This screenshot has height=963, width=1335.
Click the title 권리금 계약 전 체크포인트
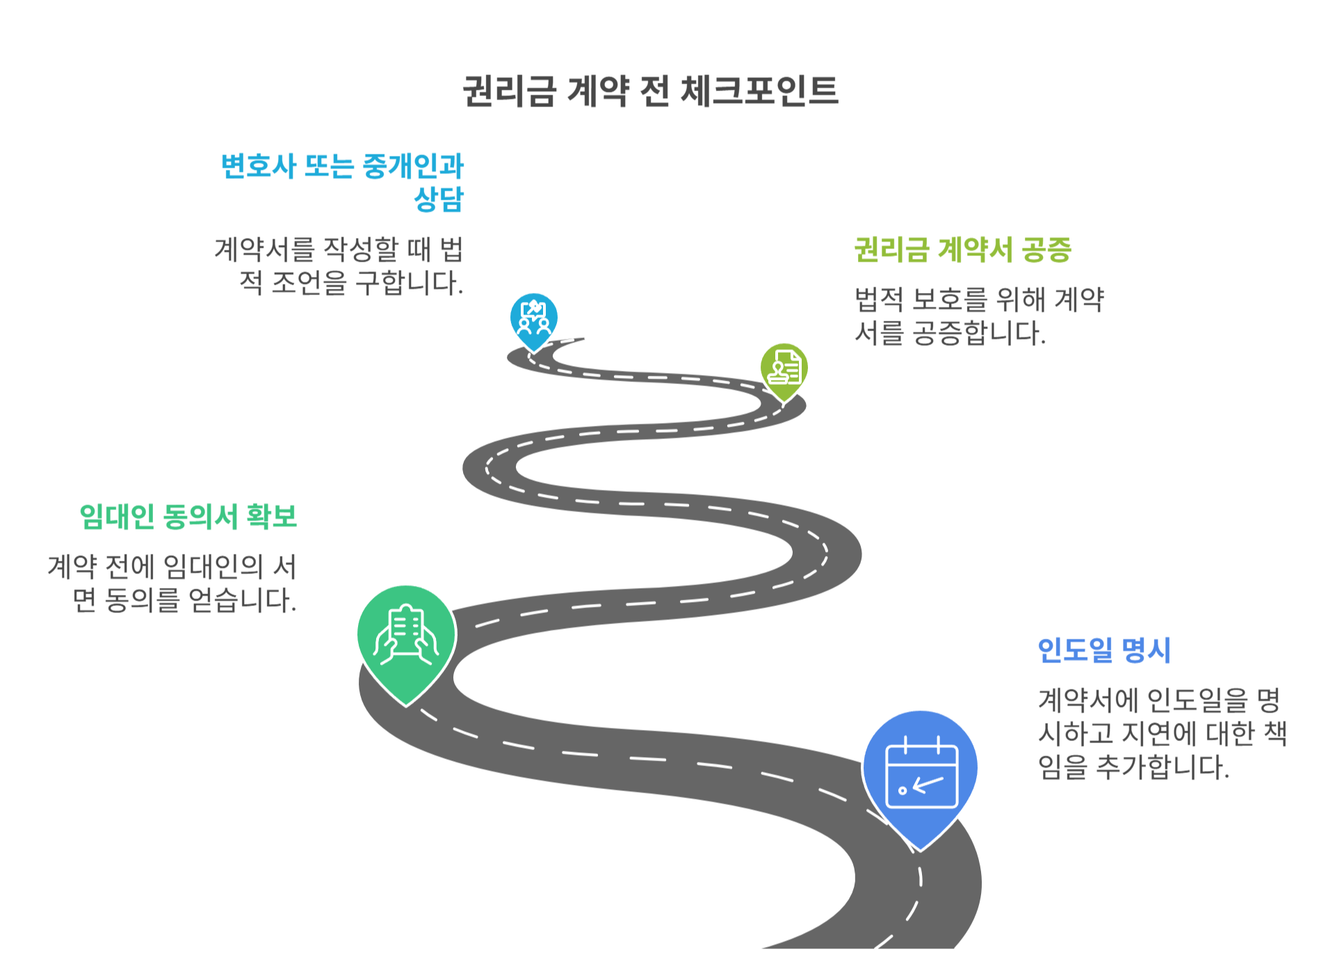click(650, 91)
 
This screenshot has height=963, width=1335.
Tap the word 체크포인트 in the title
click(759, 91)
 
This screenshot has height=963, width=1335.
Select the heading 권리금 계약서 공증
click(962, 250)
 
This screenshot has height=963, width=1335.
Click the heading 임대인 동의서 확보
click(188, 517)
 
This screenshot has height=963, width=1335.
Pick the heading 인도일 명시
click(1103, 651)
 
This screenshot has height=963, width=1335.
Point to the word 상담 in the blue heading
click(439, 200)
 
